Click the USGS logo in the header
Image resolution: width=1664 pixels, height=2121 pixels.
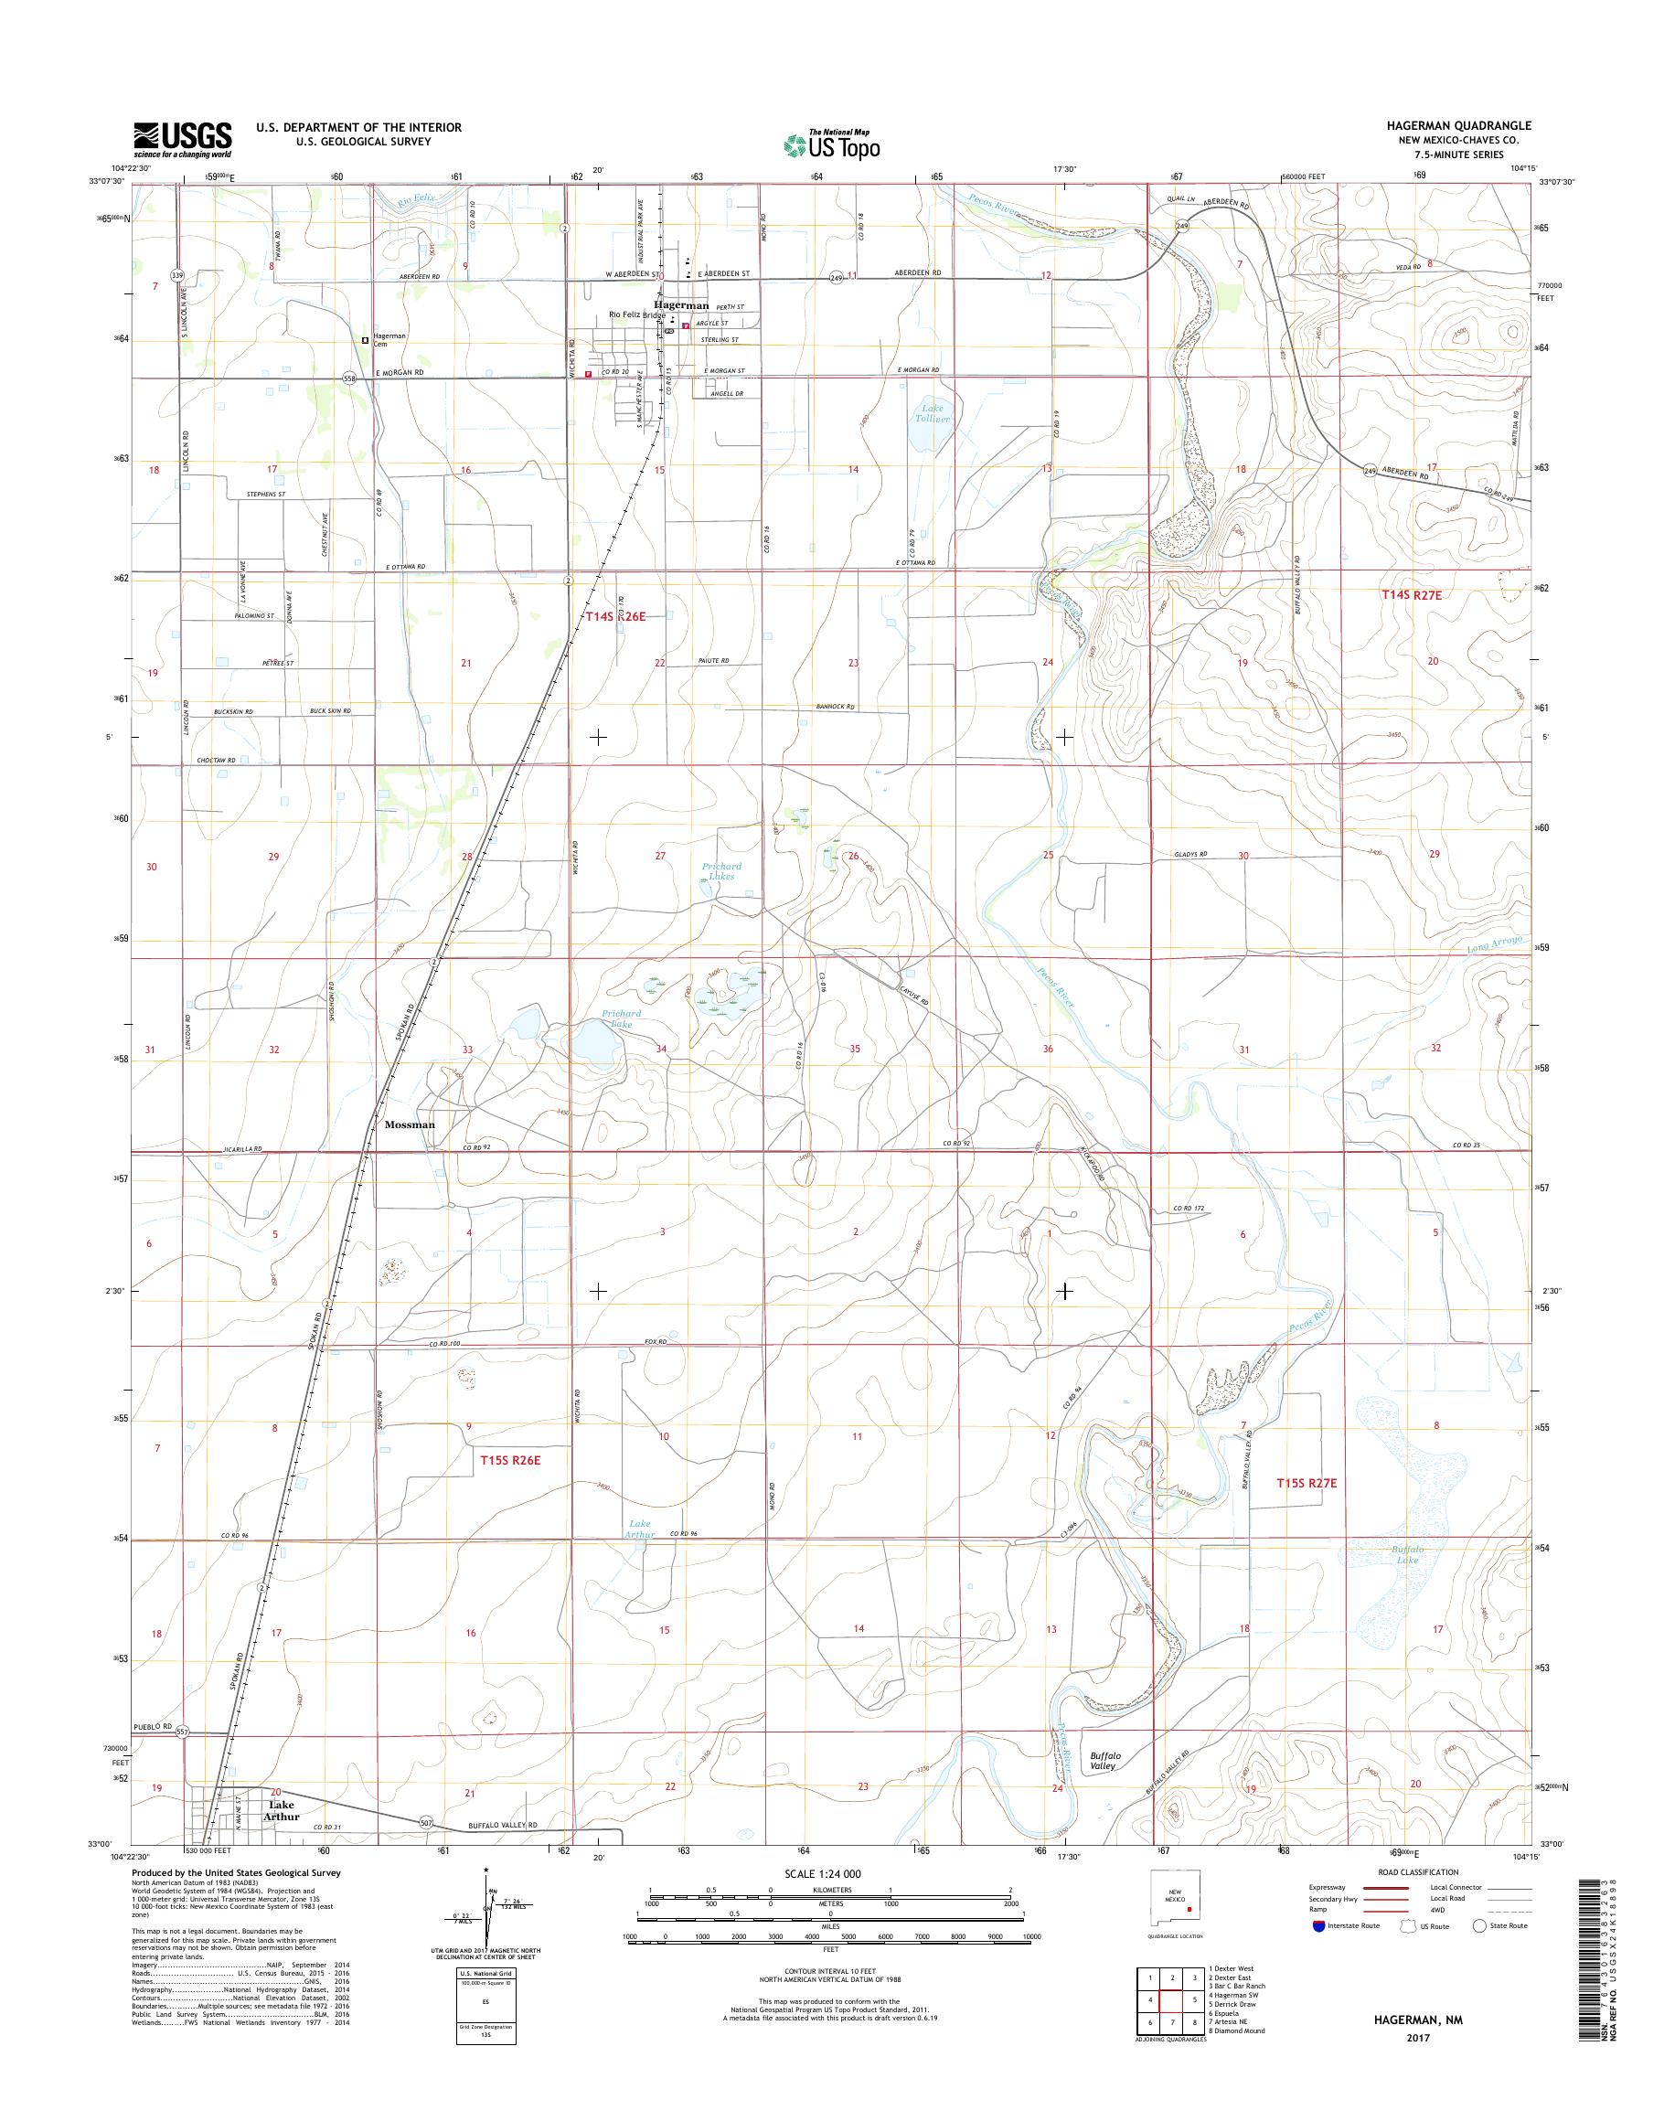tap(182, 139)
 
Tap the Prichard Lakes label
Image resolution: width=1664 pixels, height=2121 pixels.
tap(722, 871)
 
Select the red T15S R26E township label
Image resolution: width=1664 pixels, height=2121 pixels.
tap(509, 1460)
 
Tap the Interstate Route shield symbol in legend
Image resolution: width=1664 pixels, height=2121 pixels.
tap(1319, 1925)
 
